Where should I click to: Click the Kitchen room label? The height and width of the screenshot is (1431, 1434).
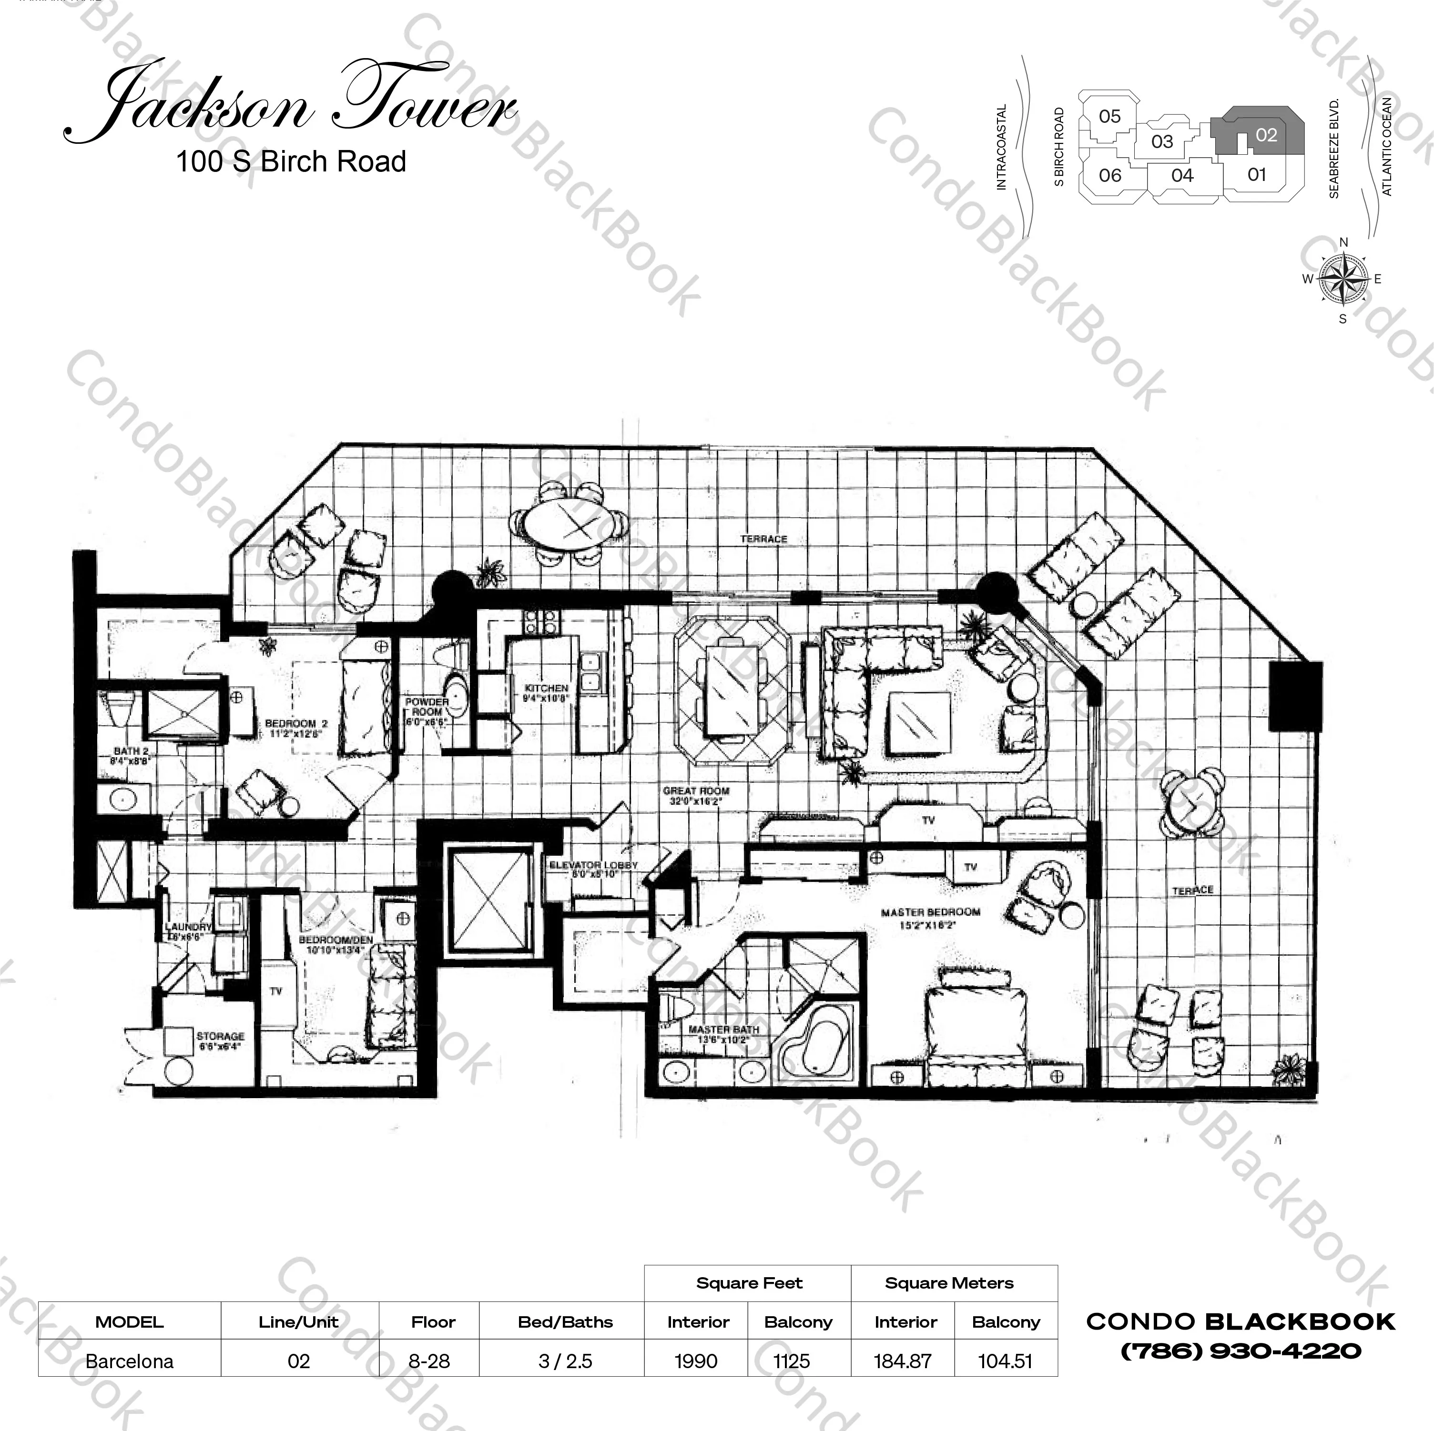pos(546,693)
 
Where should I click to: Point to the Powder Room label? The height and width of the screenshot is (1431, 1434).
pos(426,710)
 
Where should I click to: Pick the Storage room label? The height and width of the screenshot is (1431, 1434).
pos(220,1041)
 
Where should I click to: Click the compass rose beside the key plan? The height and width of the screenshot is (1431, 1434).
pos(1342,280)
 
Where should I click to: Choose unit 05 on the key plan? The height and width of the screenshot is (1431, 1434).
pos(1109,117)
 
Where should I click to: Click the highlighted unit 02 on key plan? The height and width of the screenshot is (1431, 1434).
pos(1266,135)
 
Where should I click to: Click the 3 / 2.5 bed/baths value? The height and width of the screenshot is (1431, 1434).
pos(565,1361)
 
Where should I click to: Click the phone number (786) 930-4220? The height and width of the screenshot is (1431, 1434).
pos(1241,1351)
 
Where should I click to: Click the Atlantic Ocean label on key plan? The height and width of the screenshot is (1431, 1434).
pos(1386,147)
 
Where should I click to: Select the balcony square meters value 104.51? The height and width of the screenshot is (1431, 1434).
pos(1005,1361)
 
